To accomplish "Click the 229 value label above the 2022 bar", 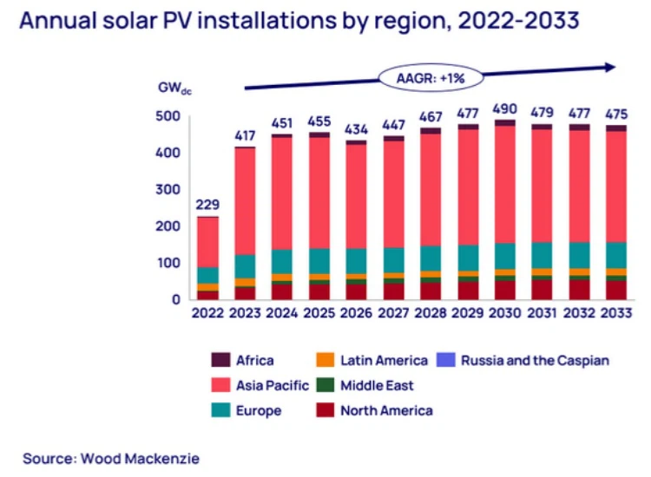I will tap(207, 206).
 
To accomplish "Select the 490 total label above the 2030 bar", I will tap(504, 108).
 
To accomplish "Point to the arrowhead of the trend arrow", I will tap(610, 67).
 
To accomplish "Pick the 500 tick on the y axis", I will tap(168, 116).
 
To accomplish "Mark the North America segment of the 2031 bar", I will tap(542, 290).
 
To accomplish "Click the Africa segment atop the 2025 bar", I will tap(319, 134).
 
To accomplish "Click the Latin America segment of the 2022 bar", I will tap(207, 287).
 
